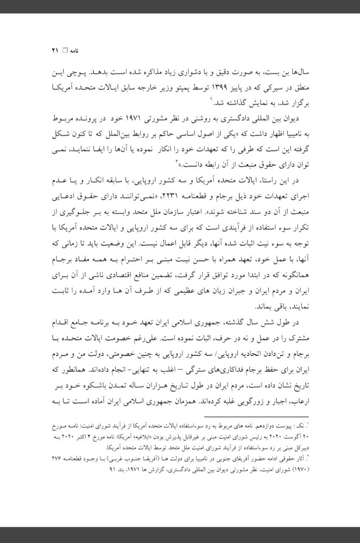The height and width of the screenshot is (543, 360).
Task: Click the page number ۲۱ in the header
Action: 54,50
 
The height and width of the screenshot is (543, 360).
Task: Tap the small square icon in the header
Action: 65,50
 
